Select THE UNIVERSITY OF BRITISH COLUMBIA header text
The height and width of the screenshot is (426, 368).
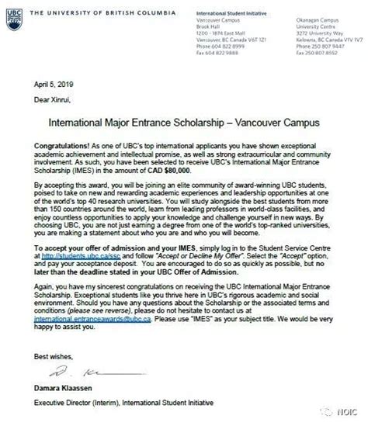point(94,8)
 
